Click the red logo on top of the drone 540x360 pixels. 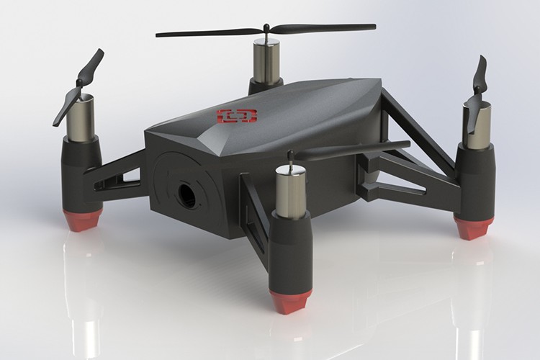(x=238, y=115)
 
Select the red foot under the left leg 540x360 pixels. (x=84, y=221)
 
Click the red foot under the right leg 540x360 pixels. (x=473, y=228)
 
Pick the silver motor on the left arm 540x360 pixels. (x=82, y=118)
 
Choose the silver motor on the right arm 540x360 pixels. (x=476, y=125)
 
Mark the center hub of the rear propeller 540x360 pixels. (x=266, y=30)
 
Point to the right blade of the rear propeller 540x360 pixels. (x=324, y=29)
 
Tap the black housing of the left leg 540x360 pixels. (x=81, y=173)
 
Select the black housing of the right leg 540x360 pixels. (x=474, y=180)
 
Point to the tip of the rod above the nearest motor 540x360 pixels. (x=289, y=153)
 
